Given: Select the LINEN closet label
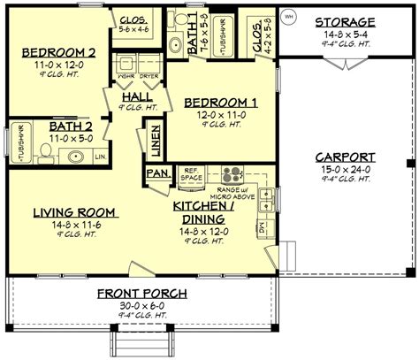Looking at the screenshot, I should pyautogui.click(x=154, y=139).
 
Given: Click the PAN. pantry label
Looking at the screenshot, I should pyautogui.click(x=157, y=173).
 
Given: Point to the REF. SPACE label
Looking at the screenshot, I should pyautogui.click(x=192, y=175).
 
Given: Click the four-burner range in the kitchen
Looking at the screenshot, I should pyautogui.click(x=232, y=174).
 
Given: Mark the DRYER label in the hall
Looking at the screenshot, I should pyautogui.click(x=148, y=76).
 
